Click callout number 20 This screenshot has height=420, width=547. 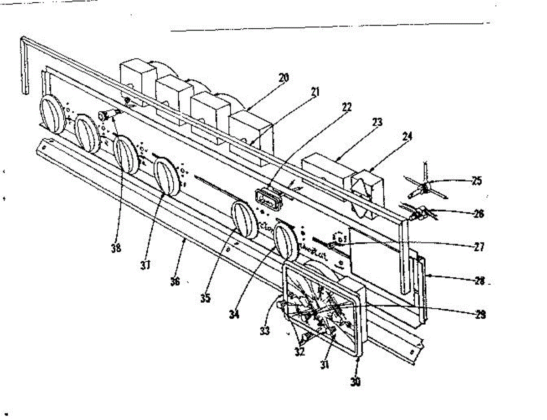(283, 78)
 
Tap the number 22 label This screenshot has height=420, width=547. (347, 107)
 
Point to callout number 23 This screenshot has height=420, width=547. (377, 122)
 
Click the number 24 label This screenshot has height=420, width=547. (407, 135)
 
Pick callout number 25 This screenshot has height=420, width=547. (476, 181)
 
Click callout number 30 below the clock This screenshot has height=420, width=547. (356, 383)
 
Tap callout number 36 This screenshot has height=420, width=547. (175, 281)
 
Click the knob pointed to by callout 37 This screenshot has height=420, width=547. (167, 177)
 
